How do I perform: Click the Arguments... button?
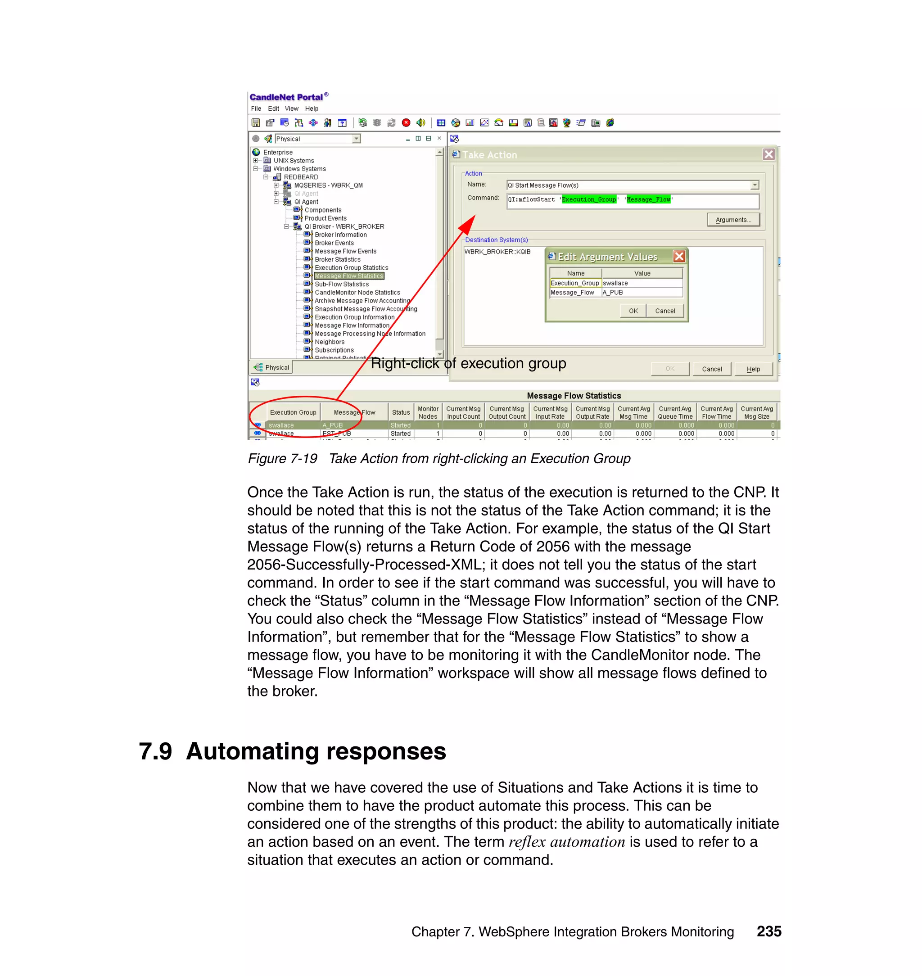[733, 220]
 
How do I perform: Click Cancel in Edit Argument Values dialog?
[664, 311]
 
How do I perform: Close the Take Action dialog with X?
[768, 155]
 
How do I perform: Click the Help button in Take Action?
[753, 369]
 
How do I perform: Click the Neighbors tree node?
[329, 342]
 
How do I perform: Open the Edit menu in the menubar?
[273, 108]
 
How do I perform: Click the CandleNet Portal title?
[286, 97]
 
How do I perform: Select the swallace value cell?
[642, 283]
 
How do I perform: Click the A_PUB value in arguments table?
[642, 293]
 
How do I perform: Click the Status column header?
[401, 412]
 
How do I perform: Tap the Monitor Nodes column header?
[428, 412]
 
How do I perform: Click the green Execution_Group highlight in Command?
[588, 199]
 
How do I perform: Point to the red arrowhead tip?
[474, 217]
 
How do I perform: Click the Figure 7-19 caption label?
[283, 459]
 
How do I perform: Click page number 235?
[768, 931]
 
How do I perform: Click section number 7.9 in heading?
[155, 751]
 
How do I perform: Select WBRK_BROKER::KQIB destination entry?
[497, 252]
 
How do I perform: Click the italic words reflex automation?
[566, 842]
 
